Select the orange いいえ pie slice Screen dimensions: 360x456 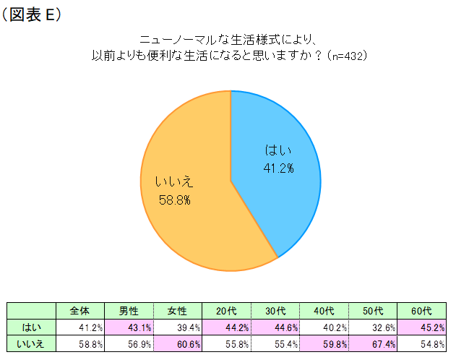[x=188, y=217]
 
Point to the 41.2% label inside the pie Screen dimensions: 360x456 [x=278, y=168]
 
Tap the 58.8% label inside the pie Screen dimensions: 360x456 [x=175, y=199]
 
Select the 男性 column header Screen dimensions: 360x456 [x=129, y=311]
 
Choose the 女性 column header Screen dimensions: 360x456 [x=177, y=311]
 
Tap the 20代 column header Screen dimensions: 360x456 [x=226, y=311]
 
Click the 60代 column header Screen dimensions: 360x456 [x=421, y=311]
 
